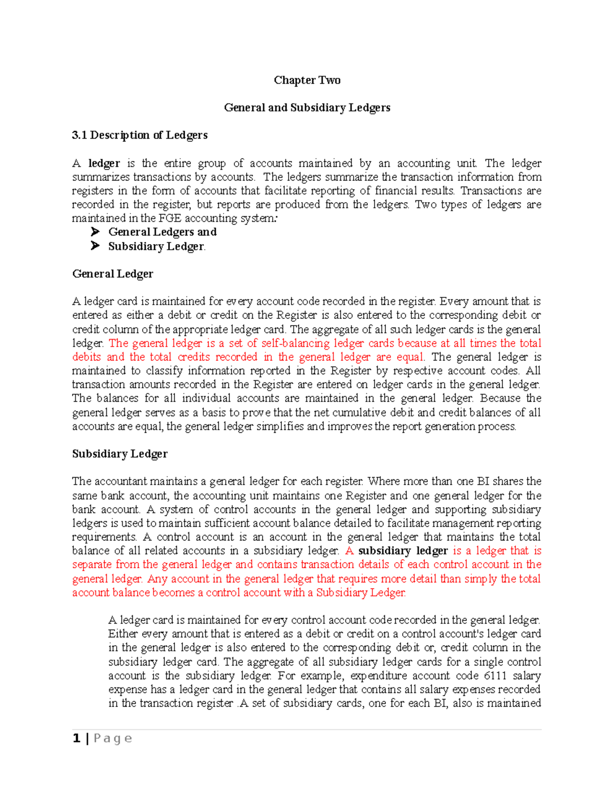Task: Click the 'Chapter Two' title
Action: click(307, 80)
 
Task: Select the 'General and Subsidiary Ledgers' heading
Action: click(307, 108)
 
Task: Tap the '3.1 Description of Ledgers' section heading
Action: click(140, 135)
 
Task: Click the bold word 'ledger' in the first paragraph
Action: click(104, 163)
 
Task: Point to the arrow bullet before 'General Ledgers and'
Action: click(95, 232)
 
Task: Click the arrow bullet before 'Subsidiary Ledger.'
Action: click(95, 246)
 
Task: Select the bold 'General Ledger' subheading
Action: click(113, 274)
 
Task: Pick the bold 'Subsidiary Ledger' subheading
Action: click(120, 454)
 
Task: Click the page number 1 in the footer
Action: click(77, 738)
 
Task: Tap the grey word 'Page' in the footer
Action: click(113, 738)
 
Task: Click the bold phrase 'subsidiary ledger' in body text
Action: click(403, 551)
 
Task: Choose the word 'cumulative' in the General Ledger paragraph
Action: click(358, 413)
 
